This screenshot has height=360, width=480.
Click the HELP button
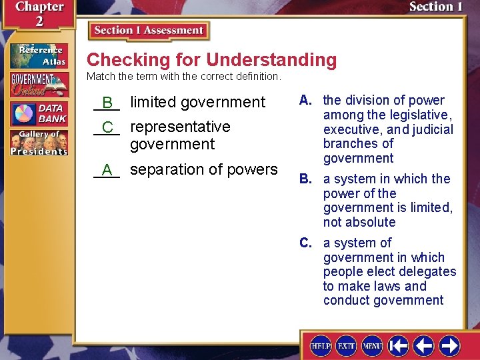321,345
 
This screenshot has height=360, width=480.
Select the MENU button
371,345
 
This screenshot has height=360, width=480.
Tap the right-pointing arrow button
449,345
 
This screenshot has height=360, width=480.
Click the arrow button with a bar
399,345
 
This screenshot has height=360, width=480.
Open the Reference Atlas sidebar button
39,56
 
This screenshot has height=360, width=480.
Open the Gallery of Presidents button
39,142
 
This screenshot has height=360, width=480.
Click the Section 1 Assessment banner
149,31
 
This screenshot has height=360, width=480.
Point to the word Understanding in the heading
271,60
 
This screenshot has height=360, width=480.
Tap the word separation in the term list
163,169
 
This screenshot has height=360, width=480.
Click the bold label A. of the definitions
307,101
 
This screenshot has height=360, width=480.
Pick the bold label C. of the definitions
307,243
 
